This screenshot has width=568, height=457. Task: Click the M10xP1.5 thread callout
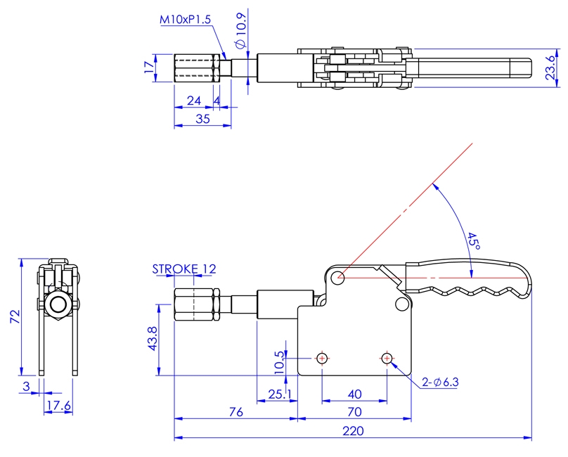[x=184, y=20]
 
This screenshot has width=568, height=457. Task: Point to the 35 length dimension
[x=202, y=119]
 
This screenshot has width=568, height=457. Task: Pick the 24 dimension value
[x=195, y=101]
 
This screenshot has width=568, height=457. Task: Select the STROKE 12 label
[x=184, y=269]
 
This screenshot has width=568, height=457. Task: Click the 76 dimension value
[x=235, y=411]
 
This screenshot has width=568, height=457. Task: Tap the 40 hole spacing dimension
[x=354, y=394]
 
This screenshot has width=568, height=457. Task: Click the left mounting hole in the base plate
[x=322, y=359]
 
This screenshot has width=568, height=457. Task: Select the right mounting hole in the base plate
[x=387, y=359]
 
